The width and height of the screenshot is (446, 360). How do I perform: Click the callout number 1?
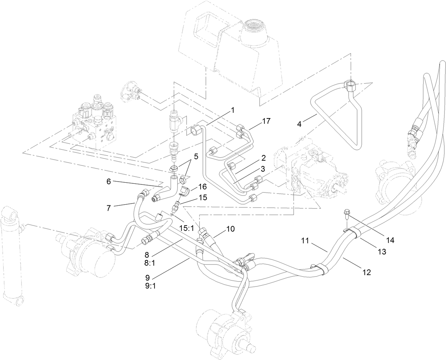pos(233,110)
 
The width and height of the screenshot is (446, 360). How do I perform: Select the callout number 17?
pos(267,121)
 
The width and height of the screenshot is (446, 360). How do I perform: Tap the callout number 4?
pos(300,124)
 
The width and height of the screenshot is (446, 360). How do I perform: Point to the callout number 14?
pos(390,240)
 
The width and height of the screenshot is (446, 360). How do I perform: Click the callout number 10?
pos(230,229)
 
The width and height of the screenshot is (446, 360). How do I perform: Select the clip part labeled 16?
pos(185,190)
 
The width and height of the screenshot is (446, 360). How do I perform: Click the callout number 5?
pos(196,156)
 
